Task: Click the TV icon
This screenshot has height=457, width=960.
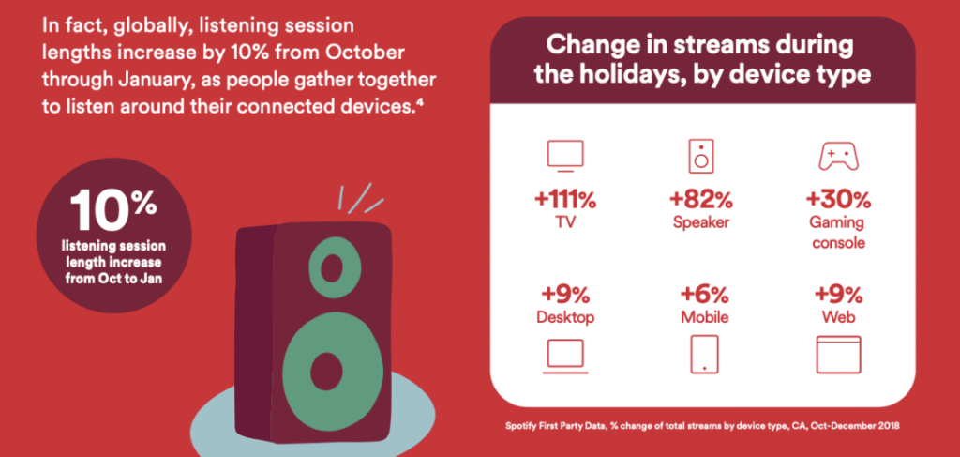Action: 565,156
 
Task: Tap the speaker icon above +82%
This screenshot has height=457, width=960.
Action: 701,156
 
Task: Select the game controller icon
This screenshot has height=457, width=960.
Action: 838,158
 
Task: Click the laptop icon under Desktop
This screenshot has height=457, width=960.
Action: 565,357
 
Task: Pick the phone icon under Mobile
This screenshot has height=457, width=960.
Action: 703,354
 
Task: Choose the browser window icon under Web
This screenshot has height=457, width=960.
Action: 838,355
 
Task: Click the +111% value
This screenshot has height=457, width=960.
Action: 564,200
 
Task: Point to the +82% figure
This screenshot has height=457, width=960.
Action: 701,200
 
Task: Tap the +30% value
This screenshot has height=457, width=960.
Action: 838,200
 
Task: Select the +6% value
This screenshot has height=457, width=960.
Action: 704,296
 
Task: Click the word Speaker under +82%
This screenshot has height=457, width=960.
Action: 701,221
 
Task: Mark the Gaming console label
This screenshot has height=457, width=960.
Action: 838,232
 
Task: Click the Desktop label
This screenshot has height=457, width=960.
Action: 565,317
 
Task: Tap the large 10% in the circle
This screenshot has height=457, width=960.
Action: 113,210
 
